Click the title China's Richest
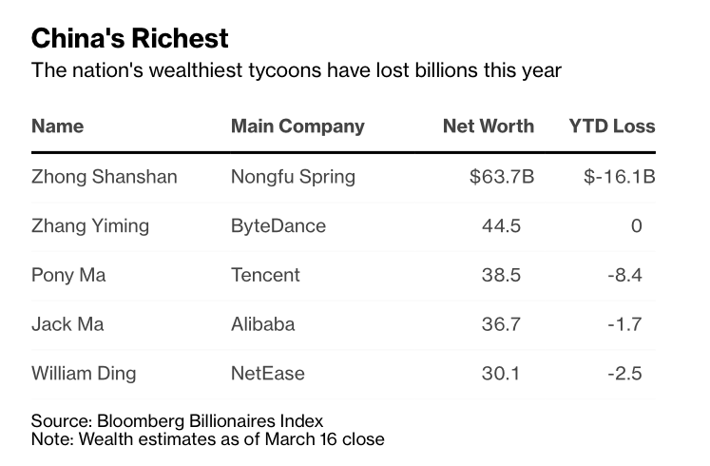point(130,38)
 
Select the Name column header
point(57,126)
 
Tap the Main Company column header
point(297,126)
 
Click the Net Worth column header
point(489,126)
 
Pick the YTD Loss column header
point(612,126)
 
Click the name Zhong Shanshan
point(105,177)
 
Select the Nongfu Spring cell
point(293,177)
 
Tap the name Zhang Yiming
point(90,225)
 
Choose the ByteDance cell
point(278,225)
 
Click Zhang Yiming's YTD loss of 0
point(637,225)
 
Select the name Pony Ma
point(68,275)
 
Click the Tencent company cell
point(265,275)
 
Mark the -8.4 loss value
point(625,275)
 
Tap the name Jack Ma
point(67,324)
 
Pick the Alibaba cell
point(262,324)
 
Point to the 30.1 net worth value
point(501,374)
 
